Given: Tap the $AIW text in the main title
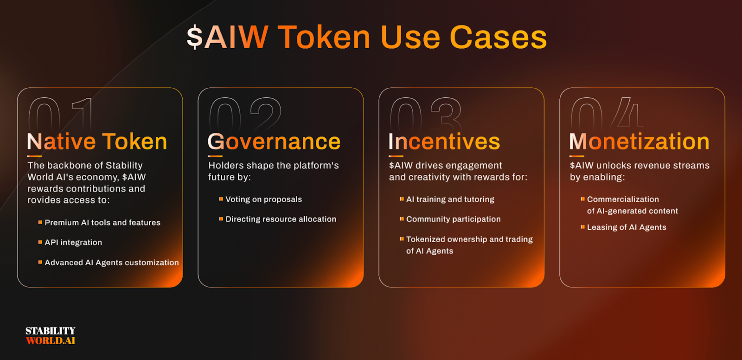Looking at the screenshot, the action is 228,38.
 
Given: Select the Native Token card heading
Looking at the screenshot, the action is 97,141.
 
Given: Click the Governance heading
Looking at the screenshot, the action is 274,141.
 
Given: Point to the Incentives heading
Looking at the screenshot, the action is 444,141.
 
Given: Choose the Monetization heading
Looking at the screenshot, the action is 640,141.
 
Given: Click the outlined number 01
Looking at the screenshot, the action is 60,114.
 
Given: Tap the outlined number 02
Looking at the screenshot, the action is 245,114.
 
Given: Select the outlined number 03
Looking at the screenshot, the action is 426,114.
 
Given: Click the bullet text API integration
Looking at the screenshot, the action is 73,243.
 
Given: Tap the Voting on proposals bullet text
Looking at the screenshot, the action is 264,199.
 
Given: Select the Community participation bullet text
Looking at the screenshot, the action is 454,219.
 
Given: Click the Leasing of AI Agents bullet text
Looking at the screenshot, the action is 627,227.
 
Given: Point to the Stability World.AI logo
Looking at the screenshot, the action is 51,335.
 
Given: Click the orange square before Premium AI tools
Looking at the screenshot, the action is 40,222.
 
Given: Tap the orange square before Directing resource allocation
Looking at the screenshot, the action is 221,219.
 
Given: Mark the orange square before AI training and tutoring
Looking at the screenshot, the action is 402,199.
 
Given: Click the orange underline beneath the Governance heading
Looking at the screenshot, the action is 215,156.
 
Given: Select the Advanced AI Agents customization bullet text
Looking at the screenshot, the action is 112,263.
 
